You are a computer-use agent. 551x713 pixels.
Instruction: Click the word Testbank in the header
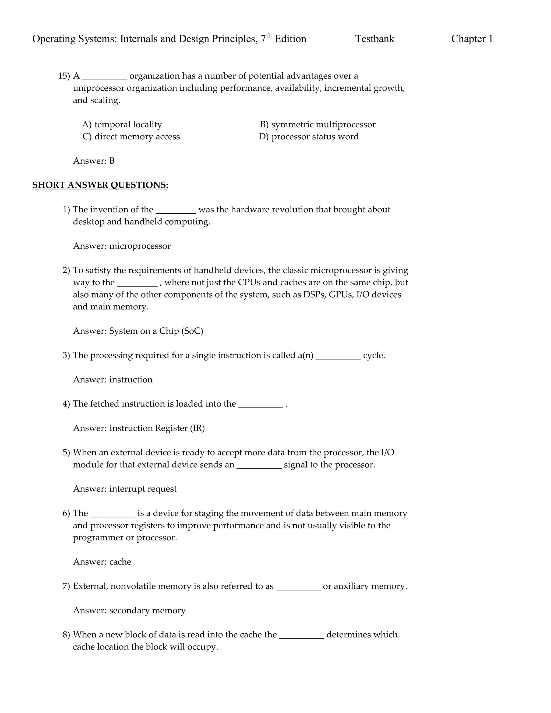point(375,39)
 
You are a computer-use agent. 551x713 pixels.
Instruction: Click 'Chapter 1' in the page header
point(472,39)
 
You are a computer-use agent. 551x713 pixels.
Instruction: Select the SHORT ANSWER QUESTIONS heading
point(100,185)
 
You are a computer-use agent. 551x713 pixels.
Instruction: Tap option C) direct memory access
point(131,136)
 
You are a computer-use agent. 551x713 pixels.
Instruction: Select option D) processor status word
point(309,136)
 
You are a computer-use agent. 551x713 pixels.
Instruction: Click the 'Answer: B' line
point(94,161)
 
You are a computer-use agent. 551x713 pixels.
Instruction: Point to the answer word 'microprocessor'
point(140,246)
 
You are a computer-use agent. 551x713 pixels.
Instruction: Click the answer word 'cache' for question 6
point(120,562)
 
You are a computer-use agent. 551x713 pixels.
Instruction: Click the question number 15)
point(64,76)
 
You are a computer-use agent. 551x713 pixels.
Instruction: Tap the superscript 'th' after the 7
point(269,36)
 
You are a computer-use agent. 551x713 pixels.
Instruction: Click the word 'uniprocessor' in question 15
point(98,88)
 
